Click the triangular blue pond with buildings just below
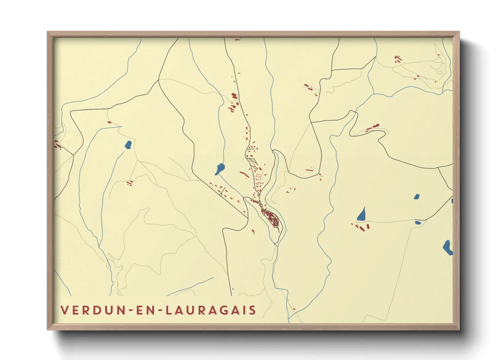tap(361, 215)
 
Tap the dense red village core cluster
tap(272, 218)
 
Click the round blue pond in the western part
tap(128, 145)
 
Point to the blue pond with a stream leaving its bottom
tap(220, 168)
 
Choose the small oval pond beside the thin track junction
tap(418, 223)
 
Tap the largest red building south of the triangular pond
tap(367, 226)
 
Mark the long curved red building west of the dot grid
tap(244, 175)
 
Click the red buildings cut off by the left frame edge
tap(57, 145)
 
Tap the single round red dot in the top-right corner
tap(439, 55)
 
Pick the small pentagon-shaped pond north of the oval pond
tap(416, 196)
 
